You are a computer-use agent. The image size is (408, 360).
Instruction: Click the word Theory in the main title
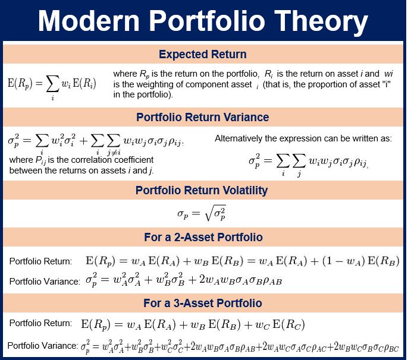pos(321,22)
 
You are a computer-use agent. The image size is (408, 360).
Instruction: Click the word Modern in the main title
pos(89,21)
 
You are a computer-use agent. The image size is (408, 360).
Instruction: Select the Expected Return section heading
pos(203,54)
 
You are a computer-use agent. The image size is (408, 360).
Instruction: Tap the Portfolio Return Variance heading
pos(202,117)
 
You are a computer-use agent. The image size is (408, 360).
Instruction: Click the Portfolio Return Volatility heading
pos(202,190)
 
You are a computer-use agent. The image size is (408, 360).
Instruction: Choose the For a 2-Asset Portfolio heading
pos(203,237)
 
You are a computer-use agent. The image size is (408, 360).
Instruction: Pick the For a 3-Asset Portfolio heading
pos(203,303)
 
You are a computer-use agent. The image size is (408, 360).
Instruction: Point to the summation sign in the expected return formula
pos(52,84)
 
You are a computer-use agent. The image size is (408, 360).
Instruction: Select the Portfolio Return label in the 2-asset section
pos(40,261)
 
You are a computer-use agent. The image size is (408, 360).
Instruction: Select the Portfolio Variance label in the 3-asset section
pos(43,346)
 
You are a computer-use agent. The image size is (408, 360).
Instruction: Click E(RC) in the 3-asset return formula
pos(288,324)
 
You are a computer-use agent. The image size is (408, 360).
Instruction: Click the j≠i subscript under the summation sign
pos(114,152)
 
